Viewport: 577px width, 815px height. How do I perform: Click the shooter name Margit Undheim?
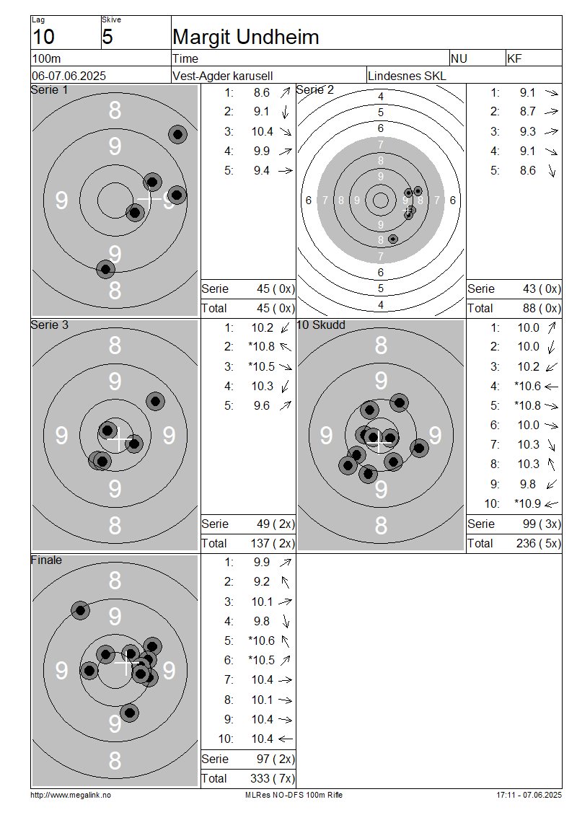(x=245, y=38)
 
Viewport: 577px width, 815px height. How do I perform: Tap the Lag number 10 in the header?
(x=44, y=38)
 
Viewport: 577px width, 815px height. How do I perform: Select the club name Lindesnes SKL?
(x=407, y=76)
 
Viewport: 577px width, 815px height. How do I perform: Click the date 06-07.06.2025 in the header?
(x=69, y=76)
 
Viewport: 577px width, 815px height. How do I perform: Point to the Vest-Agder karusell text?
(x=222, y=76)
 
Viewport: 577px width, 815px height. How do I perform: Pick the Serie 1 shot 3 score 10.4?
(x=262, y=131)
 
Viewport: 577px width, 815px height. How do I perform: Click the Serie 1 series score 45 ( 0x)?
(x=276, y=289)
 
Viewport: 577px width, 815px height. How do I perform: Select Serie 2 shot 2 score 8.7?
(x=528, y=112)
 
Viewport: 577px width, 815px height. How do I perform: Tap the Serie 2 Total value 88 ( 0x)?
(x=542, y=309)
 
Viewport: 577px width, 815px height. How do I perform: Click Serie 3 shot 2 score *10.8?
(x=262, y=347)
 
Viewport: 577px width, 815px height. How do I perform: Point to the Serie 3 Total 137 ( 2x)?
(x=273, y=544)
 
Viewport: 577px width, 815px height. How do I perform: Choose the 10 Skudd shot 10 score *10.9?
(x=527, y=503)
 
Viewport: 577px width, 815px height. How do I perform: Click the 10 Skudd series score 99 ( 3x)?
(x=542, y=524)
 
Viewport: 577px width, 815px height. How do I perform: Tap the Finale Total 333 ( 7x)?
(x=273, y=779)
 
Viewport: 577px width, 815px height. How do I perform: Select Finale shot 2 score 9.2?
(x=262, y=581)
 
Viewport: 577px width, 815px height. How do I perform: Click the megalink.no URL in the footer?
(x=71, y=796)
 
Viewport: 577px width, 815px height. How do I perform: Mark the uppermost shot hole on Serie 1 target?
(x=177, y=135)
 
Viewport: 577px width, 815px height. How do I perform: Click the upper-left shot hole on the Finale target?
(x=80, y=609)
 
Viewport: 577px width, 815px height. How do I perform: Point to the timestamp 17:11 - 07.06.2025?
(x=529, y=796)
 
